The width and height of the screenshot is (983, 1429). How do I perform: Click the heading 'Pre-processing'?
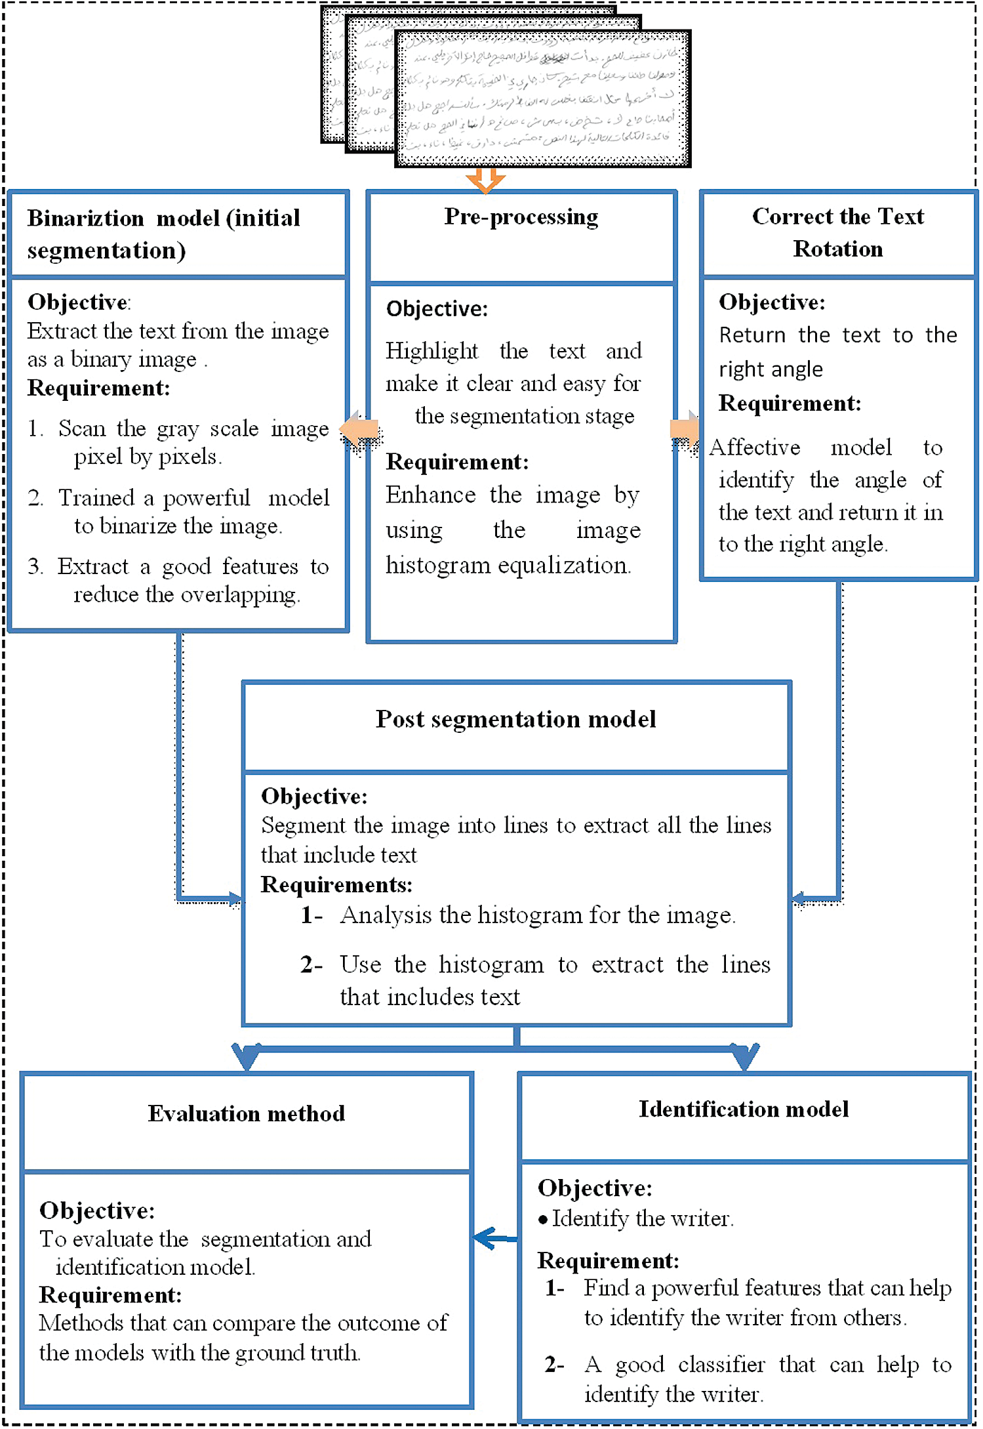(521, 217)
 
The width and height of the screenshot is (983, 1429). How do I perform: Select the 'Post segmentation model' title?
(515, 720)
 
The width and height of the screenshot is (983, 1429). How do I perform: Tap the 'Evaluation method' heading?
(246, 1113)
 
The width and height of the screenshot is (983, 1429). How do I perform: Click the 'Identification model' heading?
(744, 1109)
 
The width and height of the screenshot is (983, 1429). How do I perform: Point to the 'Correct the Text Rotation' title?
(837, 233)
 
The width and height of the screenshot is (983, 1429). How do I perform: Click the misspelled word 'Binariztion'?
(85, 218)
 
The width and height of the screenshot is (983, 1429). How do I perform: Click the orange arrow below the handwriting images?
(485, 180)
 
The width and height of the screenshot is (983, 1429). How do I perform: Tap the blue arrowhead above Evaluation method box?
(247, 1056)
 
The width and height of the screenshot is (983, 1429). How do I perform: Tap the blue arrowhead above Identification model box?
(744, 1056)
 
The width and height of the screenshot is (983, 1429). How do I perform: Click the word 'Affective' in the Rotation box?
(755, 447)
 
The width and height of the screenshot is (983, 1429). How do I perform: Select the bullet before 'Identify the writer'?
(542, 1220)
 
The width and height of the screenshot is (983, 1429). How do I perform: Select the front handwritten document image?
(542, 98)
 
